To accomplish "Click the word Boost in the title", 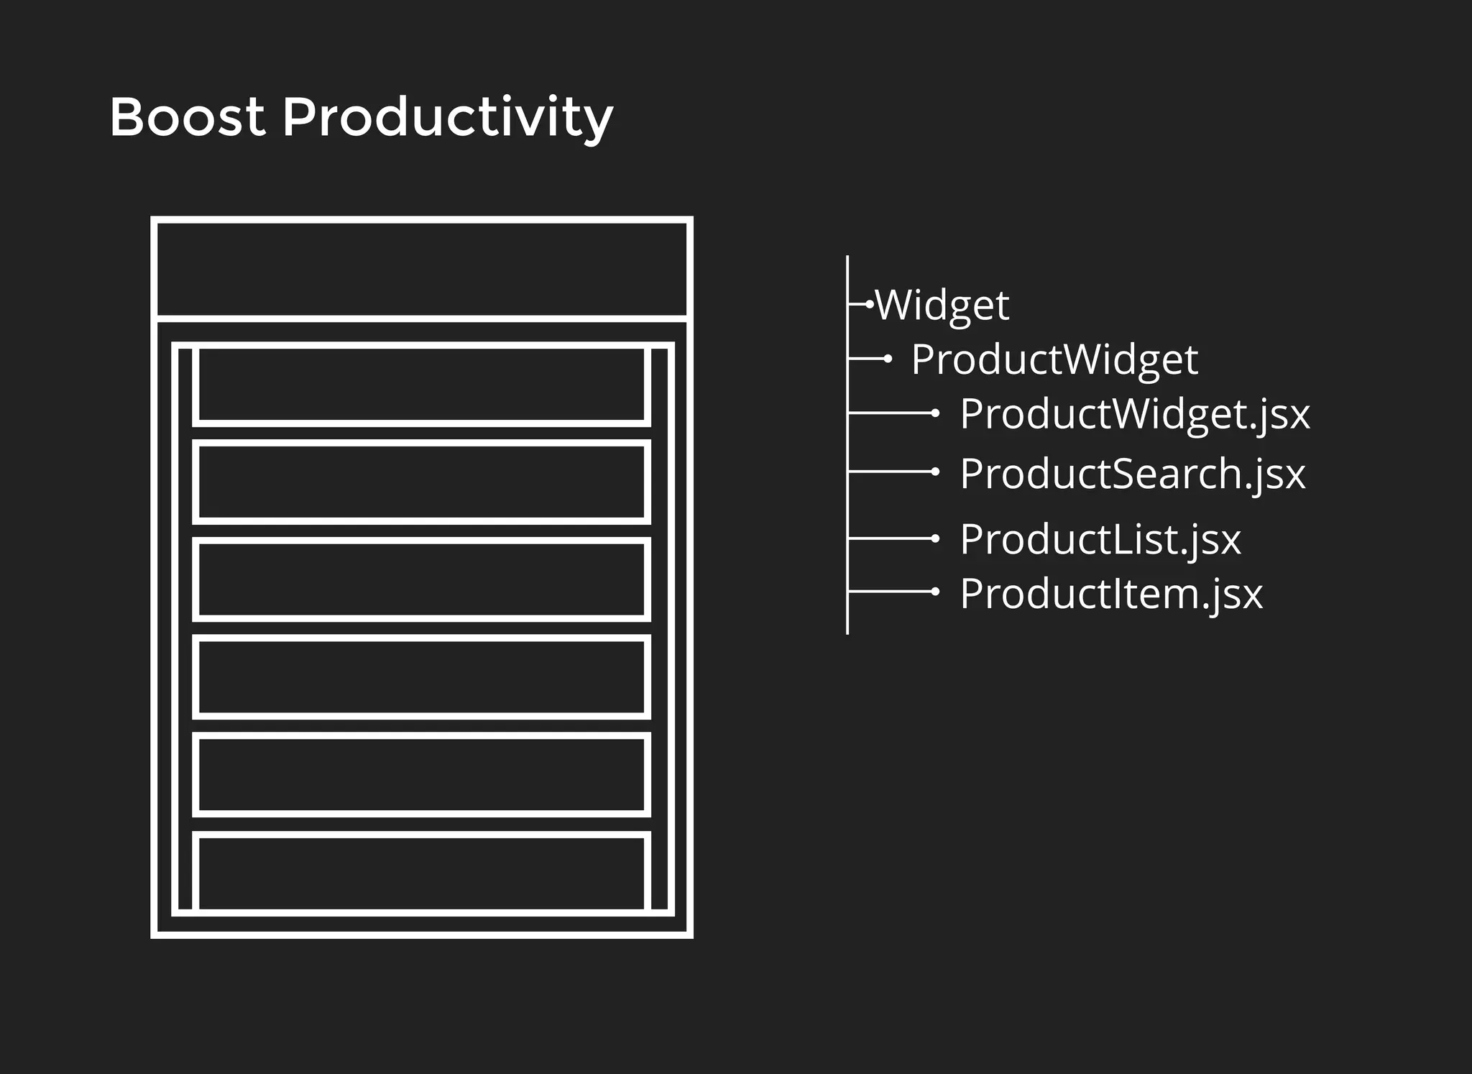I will click(x=187, y=117).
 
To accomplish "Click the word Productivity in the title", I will click(x=447, y=119).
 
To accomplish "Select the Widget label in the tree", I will click(x=942, y=306).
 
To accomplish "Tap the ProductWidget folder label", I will click(x=1054, y=359).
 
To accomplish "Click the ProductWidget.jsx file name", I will click(x=1134, y=415).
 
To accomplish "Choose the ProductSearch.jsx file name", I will click(x=1132, y=474).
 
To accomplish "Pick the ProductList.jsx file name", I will click(x=1100, y=540).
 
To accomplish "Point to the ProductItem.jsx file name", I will click(x=1110, y=595).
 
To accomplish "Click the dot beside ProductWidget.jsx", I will click(x=935, y=413).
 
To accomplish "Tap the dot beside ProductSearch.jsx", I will click(x=935, y=472).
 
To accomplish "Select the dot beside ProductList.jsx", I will click(x=935, y=538).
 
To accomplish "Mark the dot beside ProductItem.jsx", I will click(x=935, y=591).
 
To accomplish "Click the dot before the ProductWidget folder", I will click(x=888, y=358).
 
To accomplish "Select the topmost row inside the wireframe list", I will click(x=422, y=385).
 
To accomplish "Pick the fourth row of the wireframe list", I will click(x=422, y=676).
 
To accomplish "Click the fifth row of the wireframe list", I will click(x=422, y=774).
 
